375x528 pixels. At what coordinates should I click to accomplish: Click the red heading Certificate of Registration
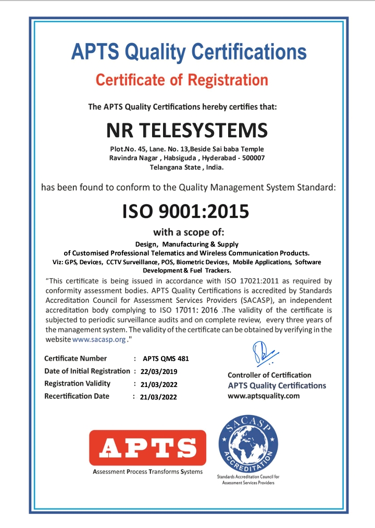[x=182, y=80]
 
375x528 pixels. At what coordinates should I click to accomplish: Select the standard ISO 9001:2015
[x=185, y=211]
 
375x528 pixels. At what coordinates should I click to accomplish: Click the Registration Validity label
[x=77, y=384]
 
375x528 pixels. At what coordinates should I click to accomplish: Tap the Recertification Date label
[x=77, y=396]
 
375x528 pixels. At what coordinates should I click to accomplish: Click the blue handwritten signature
[x=263, y=353]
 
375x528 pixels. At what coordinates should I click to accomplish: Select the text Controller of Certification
[x=269, y=375]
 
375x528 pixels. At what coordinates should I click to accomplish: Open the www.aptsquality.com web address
[x=264, y=396]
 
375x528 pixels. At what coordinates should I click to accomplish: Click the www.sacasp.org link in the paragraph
[x=99, y=339]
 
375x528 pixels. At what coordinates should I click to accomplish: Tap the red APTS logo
[x=147, y=447]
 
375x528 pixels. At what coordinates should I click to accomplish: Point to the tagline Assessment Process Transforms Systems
[x=147, y=472]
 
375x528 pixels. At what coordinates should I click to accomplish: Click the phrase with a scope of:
[x=188, y=232]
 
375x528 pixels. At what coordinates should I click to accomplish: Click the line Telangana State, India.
[x=186, y=168]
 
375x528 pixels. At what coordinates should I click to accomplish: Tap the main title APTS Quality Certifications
[x=189, y=52]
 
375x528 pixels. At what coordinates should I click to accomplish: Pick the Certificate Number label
[x=76, y=358]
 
